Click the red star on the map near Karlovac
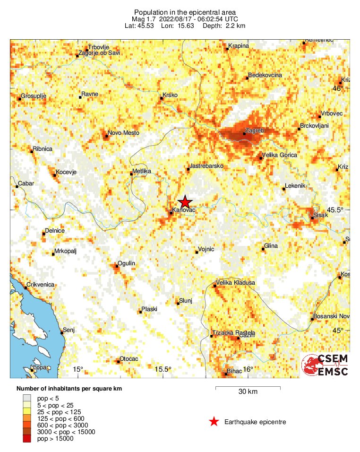tap(185, 201)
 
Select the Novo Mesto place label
tap(123, 133)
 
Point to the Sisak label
tap(321, 215)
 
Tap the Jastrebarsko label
tap(206, 166)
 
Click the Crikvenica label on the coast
tap(41, 284)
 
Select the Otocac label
tap(129, 359)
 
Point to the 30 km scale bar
tap(248, 388)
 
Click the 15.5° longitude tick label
tap(164, 369)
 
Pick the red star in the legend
tap(214, 422)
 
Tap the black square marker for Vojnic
tap(197, 252)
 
